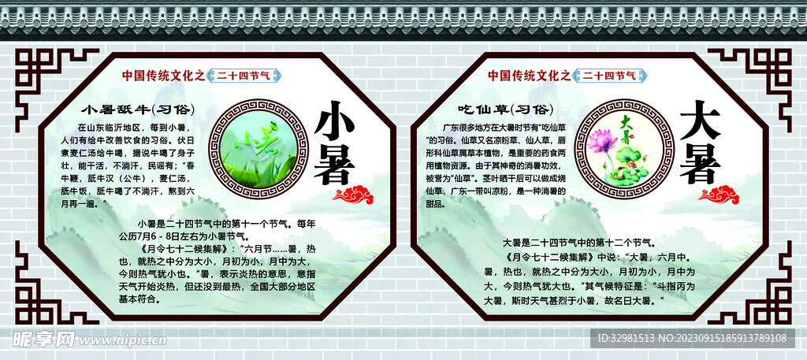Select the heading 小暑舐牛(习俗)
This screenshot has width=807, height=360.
(x=139, y=108)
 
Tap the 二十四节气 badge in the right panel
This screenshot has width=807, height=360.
(x=610, y=76)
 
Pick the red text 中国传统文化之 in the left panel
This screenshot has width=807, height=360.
(x=164, y=76)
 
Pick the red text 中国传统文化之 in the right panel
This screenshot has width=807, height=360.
(x=529, y=76)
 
